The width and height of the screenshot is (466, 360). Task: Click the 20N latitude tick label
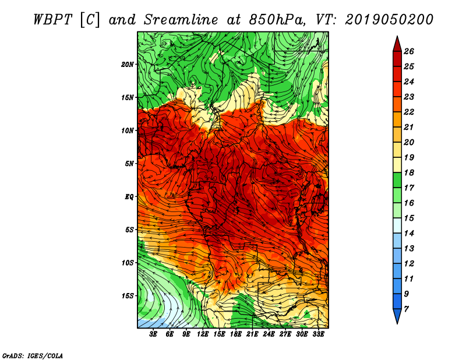128,64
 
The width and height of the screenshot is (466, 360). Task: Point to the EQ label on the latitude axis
129,196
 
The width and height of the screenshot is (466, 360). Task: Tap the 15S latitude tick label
128,296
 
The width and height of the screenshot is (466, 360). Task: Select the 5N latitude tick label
129,164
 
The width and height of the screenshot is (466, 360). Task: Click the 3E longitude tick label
153,334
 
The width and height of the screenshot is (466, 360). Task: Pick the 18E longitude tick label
236,334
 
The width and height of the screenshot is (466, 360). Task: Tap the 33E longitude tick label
318,334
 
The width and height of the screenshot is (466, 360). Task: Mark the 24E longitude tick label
269,334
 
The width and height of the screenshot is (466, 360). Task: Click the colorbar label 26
409,51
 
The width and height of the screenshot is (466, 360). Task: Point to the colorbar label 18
409,172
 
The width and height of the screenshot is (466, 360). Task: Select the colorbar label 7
406,309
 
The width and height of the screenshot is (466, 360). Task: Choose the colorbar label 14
409,234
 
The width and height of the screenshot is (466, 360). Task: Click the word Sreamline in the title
181,20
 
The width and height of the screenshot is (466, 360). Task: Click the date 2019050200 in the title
389,20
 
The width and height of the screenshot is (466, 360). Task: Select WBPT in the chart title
52,20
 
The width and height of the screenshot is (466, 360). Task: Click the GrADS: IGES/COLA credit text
33,355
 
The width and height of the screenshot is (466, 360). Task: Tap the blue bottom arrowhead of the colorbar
397,315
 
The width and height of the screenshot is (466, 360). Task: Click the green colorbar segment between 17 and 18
397,180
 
